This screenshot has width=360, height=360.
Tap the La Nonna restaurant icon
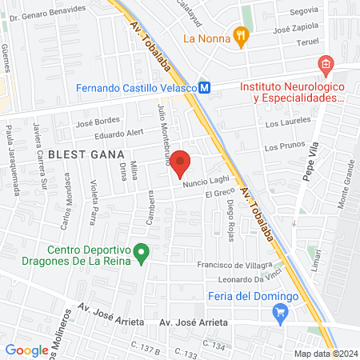(x=239, y=35)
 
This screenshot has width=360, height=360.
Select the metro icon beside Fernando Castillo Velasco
(x=205, y=88)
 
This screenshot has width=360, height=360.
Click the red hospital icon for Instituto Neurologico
(x=325, y=64)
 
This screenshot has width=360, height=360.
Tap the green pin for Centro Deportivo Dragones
(x=142, y=254)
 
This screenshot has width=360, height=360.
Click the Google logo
(x=26, y=350)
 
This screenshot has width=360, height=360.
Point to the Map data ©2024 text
(x=326, y=354)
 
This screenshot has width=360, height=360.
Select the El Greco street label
(x=218, y=194)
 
